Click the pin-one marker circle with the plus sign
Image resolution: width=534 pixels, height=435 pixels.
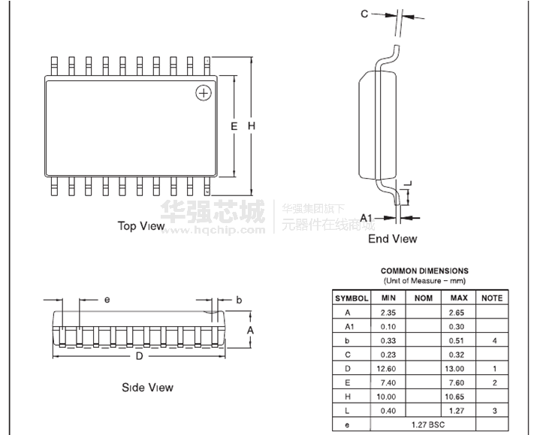(x=204, y=93)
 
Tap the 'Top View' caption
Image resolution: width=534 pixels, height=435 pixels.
(x=141, y=226)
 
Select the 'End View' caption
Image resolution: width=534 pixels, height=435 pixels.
(x=392, y=238)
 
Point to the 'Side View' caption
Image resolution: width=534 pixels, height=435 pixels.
(x=147, y=388)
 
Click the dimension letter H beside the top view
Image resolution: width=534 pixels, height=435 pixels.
(x=252, y=126)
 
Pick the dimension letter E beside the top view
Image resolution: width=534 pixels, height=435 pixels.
(x=234, y=126)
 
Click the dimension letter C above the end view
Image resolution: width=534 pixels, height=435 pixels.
(x=364, y=14)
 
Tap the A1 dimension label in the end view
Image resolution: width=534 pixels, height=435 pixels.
(x=366, y=218)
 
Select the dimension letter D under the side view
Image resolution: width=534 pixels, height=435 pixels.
(x=139, y=356)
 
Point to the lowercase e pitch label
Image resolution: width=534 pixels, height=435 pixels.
(x=107, y=300)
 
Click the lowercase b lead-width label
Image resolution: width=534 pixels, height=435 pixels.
(x=239, y=300)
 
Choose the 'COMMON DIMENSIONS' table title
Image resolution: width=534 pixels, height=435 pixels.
(x=424, y=270)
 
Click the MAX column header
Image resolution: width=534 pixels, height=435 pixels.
(x=459, y=298)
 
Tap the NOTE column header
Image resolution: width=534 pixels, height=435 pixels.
(x=492, y=298)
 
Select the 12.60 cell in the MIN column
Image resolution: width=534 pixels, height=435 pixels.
(x=386, y=369)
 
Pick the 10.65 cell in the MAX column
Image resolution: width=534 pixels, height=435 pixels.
(x=454, y=397)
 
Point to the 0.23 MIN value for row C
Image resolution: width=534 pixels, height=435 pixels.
(x=388, y=355)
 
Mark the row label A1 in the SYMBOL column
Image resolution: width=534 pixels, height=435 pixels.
(x=349, y=327)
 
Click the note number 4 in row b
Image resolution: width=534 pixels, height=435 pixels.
(x=494, y=340)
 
